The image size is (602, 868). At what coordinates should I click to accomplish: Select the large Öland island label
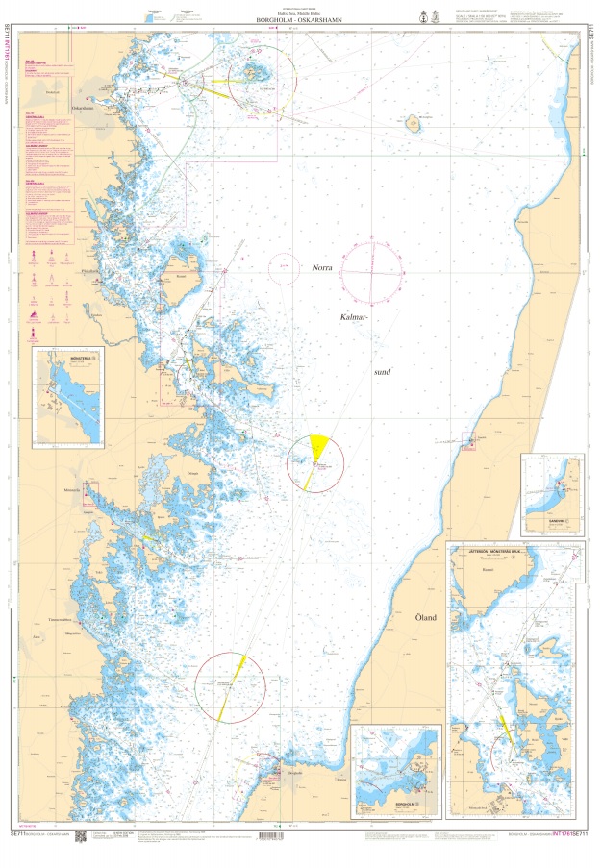pos(426,617)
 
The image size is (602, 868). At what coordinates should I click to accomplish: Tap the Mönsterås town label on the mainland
pos(71,490)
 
